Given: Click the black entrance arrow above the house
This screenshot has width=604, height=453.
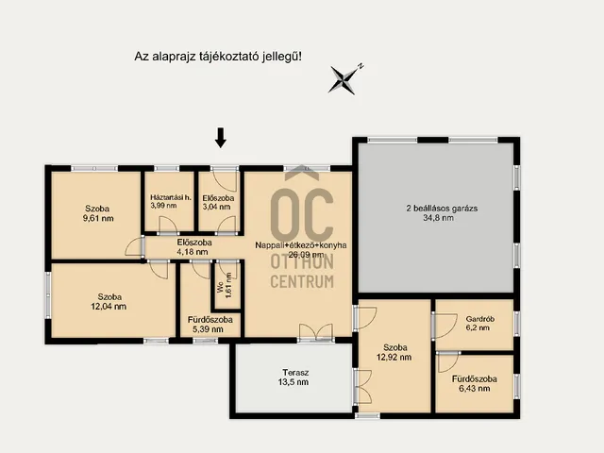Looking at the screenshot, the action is coord(220,138).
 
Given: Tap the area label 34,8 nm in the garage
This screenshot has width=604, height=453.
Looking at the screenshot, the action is coord(438,218).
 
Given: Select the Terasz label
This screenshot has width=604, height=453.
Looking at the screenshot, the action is coord(295,373).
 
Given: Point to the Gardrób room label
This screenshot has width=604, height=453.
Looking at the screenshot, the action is coord(480,319).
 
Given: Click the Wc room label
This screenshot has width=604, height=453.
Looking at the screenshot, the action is coord(220,289).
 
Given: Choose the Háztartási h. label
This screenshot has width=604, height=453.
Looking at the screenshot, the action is coord(171,197).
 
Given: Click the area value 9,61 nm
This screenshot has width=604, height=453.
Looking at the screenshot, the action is coord(98,218).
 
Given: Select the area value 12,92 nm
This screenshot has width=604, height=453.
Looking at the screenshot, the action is coord(394,357).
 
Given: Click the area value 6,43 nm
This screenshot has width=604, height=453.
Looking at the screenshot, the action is coord(475,388).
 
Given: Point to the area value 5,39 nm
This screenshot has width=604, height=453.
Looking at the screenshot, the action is coord(208,329).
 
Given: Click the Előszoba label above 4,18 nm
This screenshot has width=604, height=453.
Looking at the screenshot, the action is coord(194,243).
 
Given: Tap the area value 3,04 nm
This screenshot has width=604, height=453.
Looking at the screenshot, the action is coord(216,207).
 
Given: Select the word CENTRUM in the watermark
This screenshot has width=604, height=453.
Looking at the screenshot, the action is coord(302,281).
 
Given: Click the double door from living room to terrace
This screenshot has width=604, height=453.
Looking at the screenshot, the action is coord(316,332).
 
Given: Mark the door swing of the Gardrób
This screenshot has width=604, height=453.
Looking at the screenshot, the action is coord(445,326).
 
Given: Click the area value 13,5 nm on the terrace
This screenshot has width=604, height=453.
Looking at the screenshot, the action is coord(294,382).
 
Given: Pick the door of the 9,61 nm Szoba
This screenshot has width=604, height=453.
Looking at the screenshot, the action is coord(135,246).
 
